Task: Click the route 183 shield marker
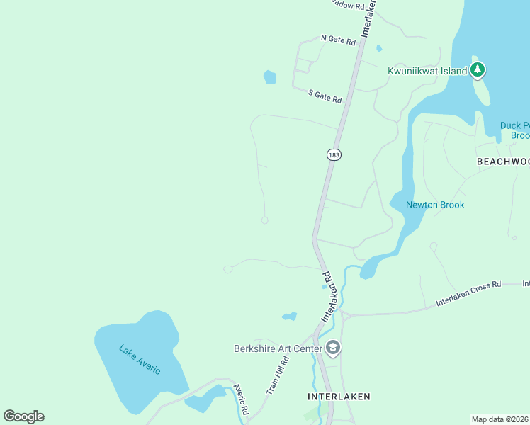334,154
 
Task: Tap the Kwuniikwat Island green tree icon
478,69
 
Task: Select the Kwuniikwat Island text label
427,71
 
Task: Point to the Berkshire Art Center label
278,348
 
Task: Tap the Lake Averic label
140,360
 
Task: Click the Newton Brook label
434,205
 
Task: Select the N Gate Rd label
337,40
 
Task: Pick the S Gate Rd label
325,96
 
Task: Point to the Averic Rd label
242,399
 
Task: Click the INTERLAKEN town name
339,397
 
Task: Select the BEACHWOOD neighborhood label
502,161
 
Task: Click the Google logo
23,416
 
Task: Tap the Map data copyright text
500,419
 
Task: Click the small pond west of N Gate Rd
270,77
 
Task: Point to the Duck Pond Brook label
514,130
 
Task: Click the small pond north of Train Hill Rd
289,316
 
